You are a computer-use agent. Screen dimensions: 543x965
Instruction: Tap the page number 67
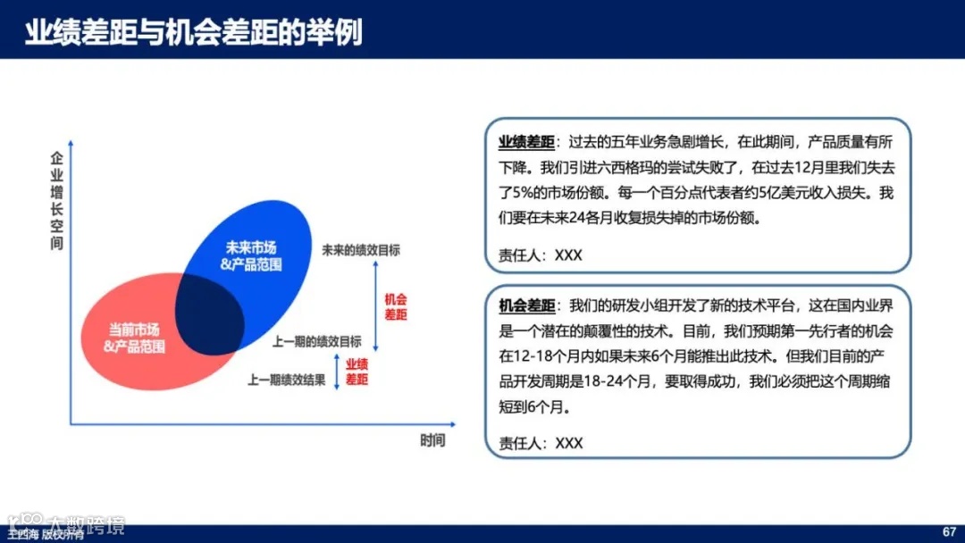point(950,532)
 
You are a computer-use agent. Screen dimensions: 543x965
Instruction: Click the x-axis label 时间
point(432,441)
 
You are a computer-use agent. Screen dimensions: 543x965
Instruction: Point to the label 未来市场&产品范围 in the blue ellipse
point(251,255)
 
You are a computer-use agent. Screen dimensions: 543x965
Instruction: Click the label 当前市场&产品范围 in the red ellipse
point(135,338)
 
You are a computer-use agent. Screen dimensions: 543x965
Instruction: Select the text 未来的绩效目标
point(361,250)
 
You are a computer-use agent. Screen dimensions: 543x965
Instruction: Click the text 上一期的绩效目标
point(317,341)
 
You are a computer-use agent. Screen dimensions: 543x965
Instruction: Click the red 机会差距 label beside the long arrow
point(396,307)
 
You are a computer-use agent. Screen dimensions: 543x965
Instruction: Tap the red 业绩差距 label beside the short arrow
point(357,372)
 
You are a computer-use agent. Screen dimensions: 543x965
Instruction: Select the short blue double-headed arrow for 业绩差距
point(337,373)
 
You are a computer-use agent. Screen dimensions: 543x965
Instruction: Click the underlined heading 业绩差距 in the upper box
point(526,142)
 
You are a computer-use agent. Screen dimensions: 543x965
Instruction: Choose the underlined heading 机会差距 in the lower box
point(526,305)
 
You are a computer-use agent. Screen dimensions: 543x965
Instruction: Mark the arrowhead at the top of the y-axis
point(71,142)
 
